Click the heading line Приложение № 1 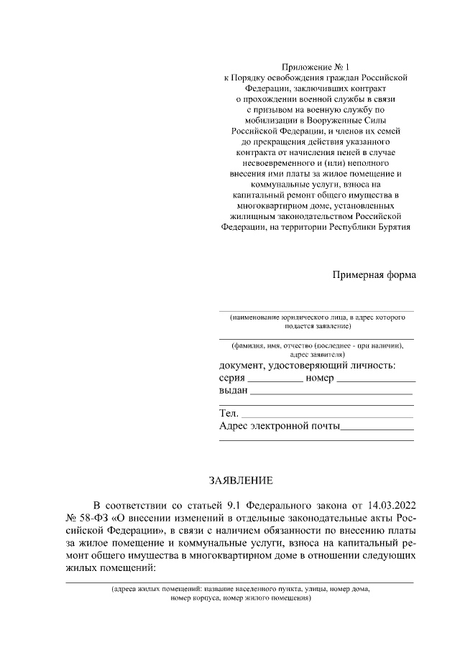(316, 66)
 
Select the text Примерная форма (374, 275)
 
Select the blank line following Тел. (327, 415)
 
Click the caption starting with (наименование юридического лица (316, 320)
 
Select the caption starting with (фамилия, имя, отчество (316, 349)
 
